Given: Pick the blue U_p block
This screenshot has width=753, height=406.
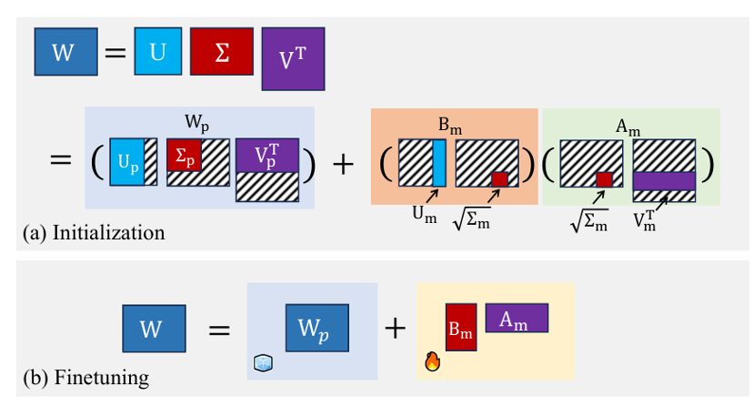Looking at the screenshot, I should tap(126, 161).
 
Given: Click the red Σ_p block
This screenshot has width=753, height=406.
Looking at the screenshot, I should tap(185, 156).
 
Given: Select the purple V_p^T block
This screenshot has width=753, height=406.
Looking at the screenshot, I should tap(266, 156).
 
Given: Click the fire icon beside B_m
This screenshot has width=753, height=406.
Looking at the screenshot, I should tap(432, 361).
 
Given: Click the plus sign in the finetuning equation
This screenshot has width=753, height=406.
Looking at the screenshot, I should tap(395, 329).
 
